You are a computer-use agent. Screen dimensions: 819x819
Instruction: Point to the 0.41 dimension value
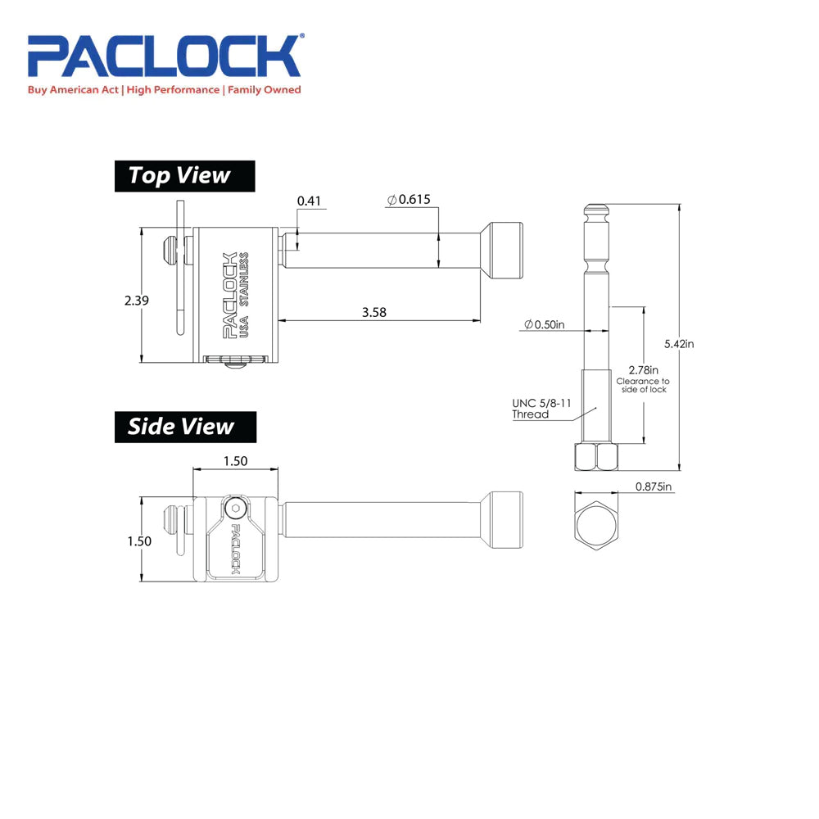point(309,200)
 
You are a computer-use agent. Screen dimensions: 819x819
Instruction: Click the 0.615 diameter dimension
point(409,200)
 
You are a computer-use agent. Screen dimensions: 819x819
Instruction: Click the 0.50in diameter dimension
point(544,325)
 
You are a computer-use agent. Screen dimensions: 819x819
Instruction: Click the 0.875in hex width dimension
point(653,486)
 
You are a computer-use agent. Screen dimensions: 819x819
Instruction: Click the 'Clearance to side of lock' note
point(642,385)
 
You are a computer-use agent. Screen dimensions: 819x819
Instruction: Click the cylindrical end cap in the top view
point(505,251)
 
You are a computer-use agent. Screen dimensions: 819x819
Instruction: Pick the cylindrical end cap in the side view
point(505,521)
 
